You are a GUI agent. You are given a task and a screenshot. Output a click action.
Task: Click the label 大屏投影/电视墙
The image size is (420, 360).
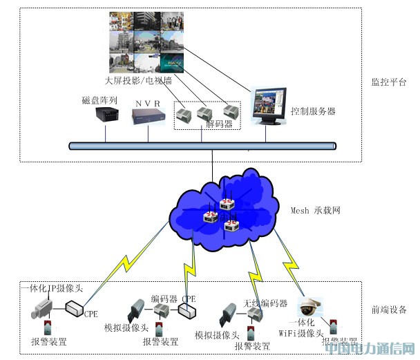(x=138, y=80)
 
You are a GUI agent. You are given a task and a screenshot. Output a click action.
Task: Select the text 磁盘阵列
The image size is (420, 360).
(x=100, y=100)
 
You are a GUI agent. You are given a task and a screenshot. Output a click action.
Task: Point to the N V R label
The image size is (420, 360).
(x=148, y=103)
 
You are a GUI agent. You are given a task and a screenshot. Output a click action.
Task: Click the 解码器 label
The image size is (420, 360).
(x=220, y=124)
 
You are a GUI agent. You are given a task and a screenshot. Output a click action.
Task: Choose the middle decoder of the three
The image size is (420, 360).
(x=205, y=112)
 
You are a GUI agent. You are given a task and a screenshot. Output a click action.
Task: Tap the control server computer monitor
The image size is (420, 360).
(x=269, y=106)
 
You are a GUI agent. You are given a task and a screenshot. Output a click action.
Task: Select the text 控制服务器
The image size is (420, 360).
(x=313, y=111)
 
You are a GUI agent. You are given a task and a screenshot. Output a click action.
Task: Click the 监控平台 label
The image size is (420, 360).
(x=389, y=82)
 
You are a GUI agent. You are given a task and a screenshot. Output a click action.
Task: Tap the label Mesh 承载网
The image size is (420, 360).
(x=316, y=210)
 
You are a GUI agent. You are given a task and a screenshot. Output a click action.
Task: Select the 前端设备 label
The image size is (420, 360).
(x=389, y=310)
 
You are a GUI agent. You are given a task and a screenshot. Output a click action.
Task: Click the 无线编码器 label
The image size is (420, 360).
(x=265, y=303)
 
